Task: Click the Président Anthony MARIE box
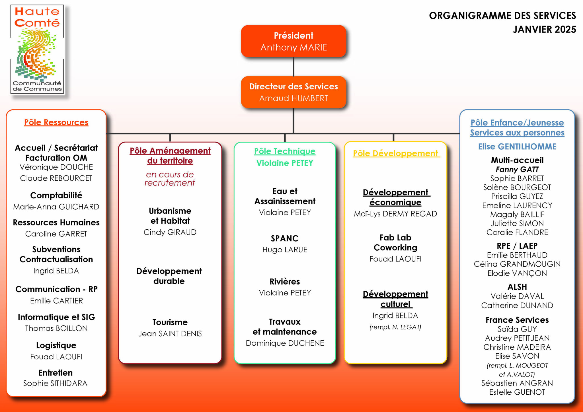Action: [293, 41]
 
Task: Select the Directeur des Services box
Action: [293, 92]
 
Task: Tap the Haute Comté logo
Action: [37, 50]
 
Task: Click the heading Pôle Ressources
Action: [56, 122]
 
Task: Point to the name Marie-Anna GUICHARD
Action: [56, 207]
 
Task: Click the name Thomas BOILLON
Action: [56, 328]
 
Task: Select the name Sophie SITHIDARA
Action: [55, 383]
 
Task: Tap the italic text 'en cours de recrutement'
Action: [170, 178]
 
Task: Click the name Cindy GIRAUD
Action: [170, 232]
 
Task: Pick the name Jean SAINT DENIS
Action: [170, 333]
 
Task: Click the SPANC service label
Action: [285, 238]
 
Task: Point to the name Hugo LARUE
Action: [285, 250]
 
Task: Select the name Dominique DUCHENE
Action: [285, 343]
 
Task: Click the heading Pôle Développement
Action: [396, 154]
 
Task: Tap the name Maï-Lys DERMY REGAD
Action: [395, 214]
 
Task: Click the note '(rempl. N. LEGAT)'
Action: [395, 327]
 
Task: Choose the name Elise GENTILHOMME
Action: [517, 147]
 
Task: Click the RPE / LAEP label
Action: [517, 246]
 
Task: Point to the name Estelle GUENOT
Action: [517, 392]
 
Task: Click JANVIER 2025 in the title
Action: [544, 29]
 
